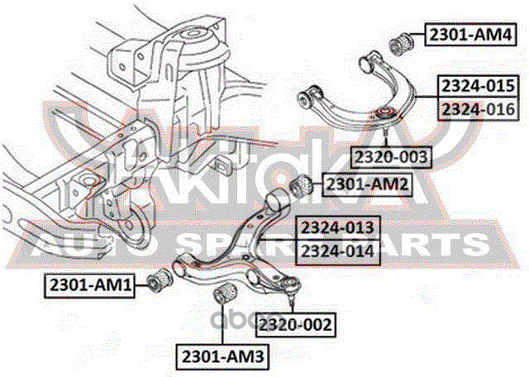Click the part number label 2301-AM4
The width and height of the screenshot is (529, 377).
470,35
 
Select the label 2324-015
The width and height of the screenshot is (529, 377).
478,86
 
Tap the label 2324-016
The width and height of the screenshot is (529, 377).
478,109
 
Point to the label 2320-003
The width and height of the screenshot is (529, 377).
391,157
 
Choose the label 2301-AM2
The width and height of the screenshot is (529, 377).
367,184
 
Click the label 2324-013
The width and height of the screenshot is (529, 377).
338,227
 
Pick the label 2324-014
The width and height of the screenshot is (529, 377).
338,252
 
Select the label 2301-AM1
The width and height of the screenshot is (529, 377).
90,286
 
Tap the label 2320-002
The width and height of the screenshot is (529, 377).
296,325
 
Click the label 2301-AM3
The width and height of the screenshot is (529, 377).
222,356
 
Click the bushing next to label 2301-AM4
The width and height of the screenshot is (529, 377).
402,43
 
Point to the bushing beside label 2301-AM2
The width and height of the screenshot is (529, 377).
302,187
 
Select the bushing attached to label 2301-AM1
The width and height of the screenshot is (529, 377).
160,279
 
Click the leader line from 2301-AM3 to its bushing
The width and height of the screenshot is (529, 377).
222,324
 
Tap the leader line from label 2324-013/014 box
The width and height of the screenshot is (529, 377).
277,240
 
